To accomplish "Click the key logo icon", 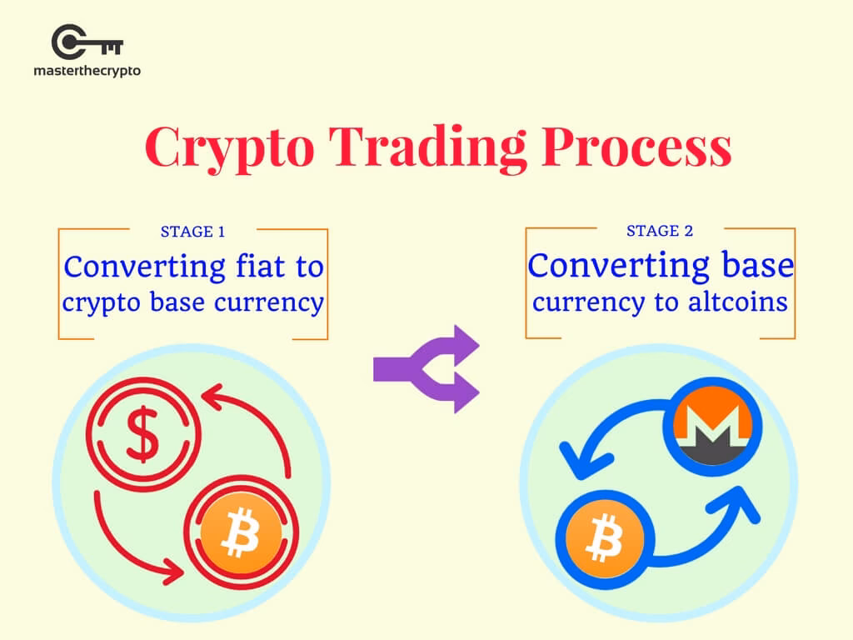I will tap(87, 42).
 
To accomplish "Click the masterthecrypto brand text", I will tap(87, 71).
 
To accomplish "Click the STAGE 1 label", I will tap(192, 232).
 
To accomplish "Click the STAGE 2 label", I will tap(660, 231).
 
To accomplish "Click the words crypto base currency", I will tap(192, 302).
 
